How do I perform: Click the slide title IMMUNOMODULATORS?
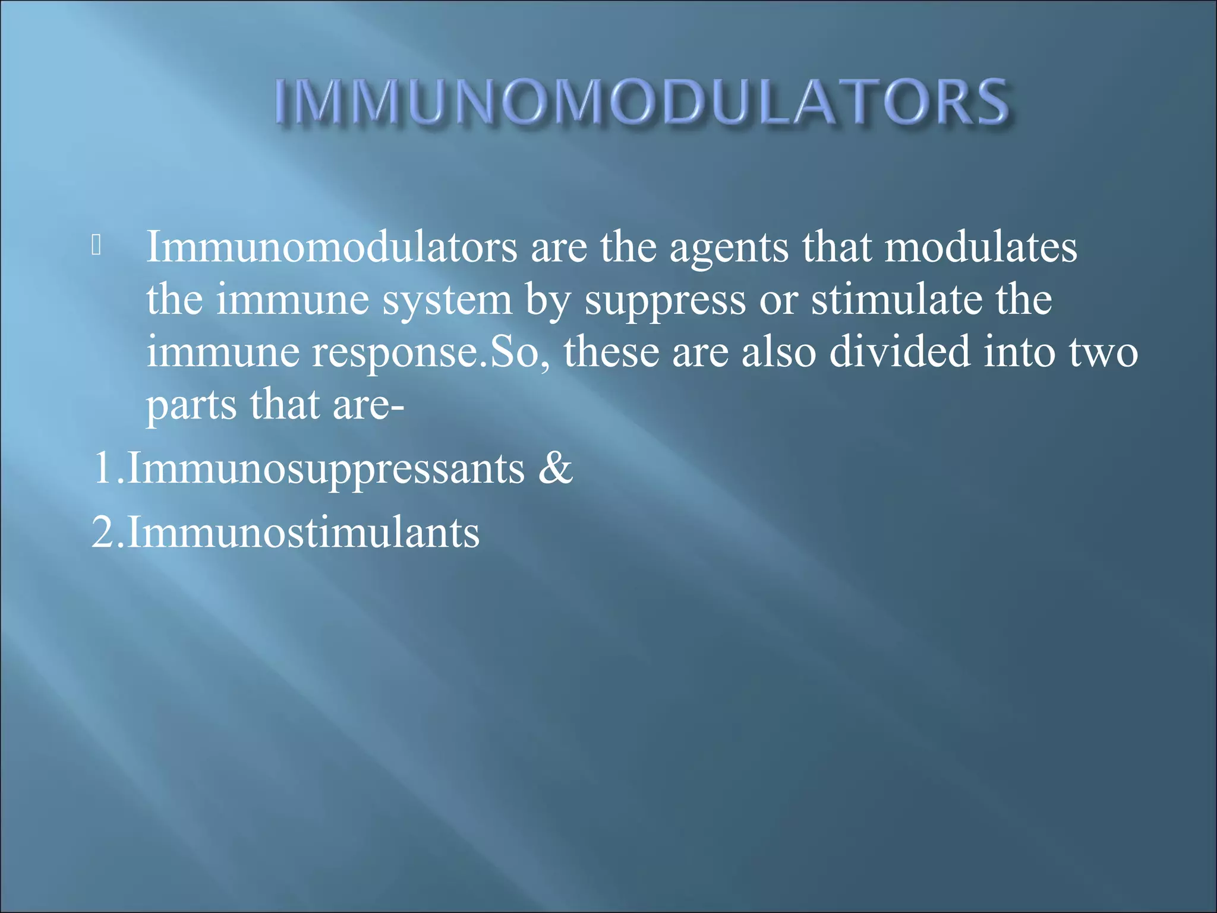click(x=642, y=102)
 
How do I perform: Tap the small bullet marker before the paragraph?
click(x=97, y=245)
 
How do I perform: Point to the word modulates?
click(x=980, y=247)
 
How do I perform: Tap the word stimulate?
click(x=897, y=299)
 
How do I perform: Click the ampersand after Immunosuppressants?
click(x=555, y=468)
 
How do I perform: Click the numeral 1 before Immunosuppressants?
click(x=102, y=468)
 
